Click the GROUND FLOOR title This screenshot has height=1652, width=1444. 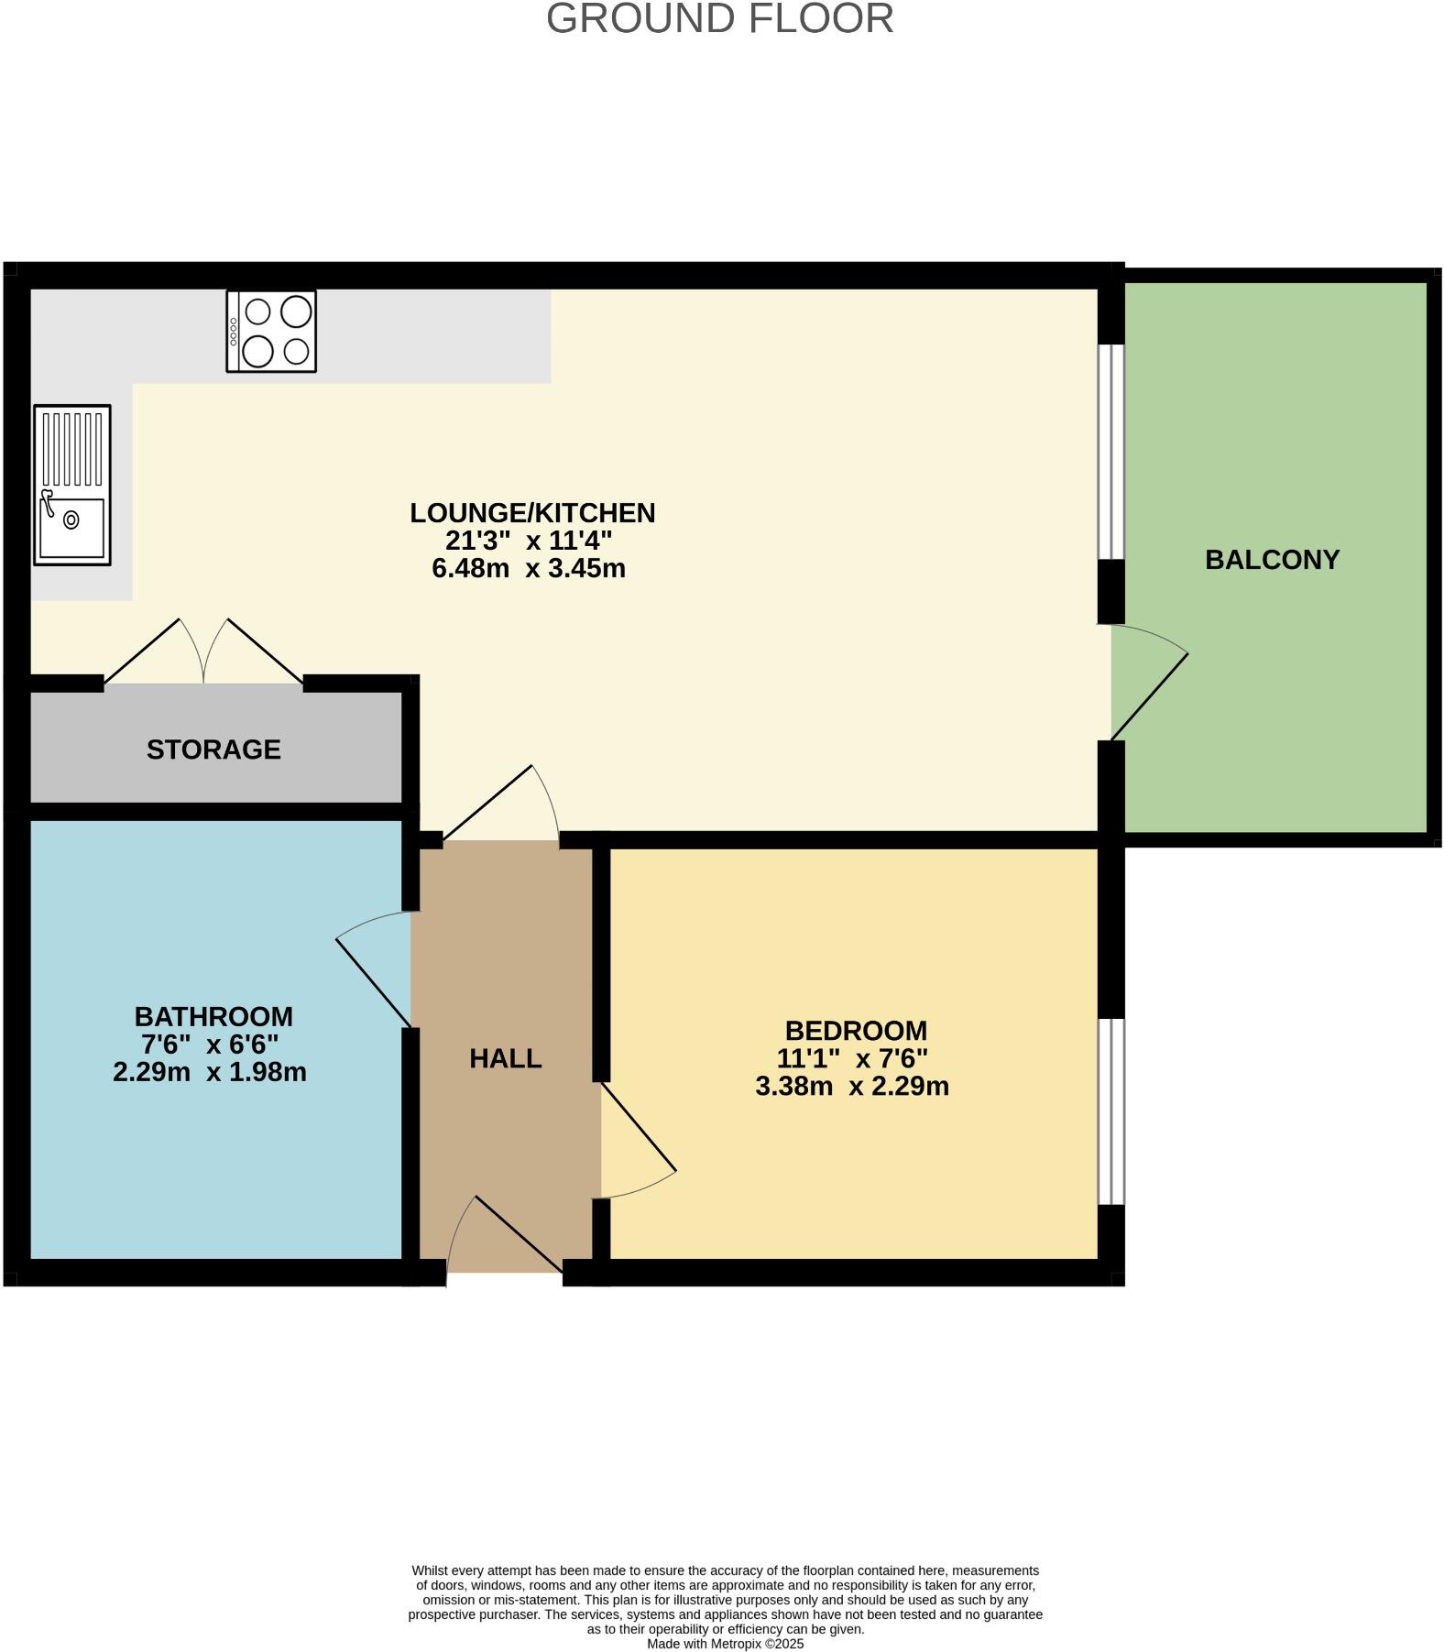coord(720,19)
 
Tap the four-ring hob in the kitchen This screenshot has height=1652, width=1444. coord(271,332)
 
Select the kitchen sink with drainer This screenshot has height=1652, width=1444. coord(72,485)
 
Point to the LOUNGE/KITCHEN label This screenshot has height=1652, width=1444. coord(532,513)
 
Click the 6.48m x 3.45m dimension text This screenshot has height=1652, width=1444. coord(529,569)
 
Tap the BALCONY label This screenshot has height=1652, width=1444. coord(1272,560)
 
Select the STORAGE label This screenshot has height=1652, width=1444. coord(213,749)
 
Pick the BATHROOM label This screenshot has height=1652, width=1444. coord(213,1016)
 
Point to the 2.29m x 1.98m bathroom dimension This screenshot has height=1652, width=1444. coord(210,1072)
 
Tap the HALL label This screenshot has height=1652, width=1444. coord(506,1059)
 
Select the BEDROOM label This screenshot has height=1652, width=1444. coord(856,1031)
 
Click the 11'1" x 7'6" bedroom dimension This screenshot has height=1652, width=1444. coord(852,1059)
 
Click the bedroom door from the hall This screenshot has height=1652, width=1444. coord(638,1141)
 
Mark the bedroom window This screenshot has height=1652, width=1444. coord(1110,1111)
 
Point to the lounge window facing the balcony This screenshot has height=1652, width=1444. coord(1110,452)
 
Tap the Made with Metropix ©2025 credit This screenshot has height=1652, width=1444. coord(725,1644)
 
